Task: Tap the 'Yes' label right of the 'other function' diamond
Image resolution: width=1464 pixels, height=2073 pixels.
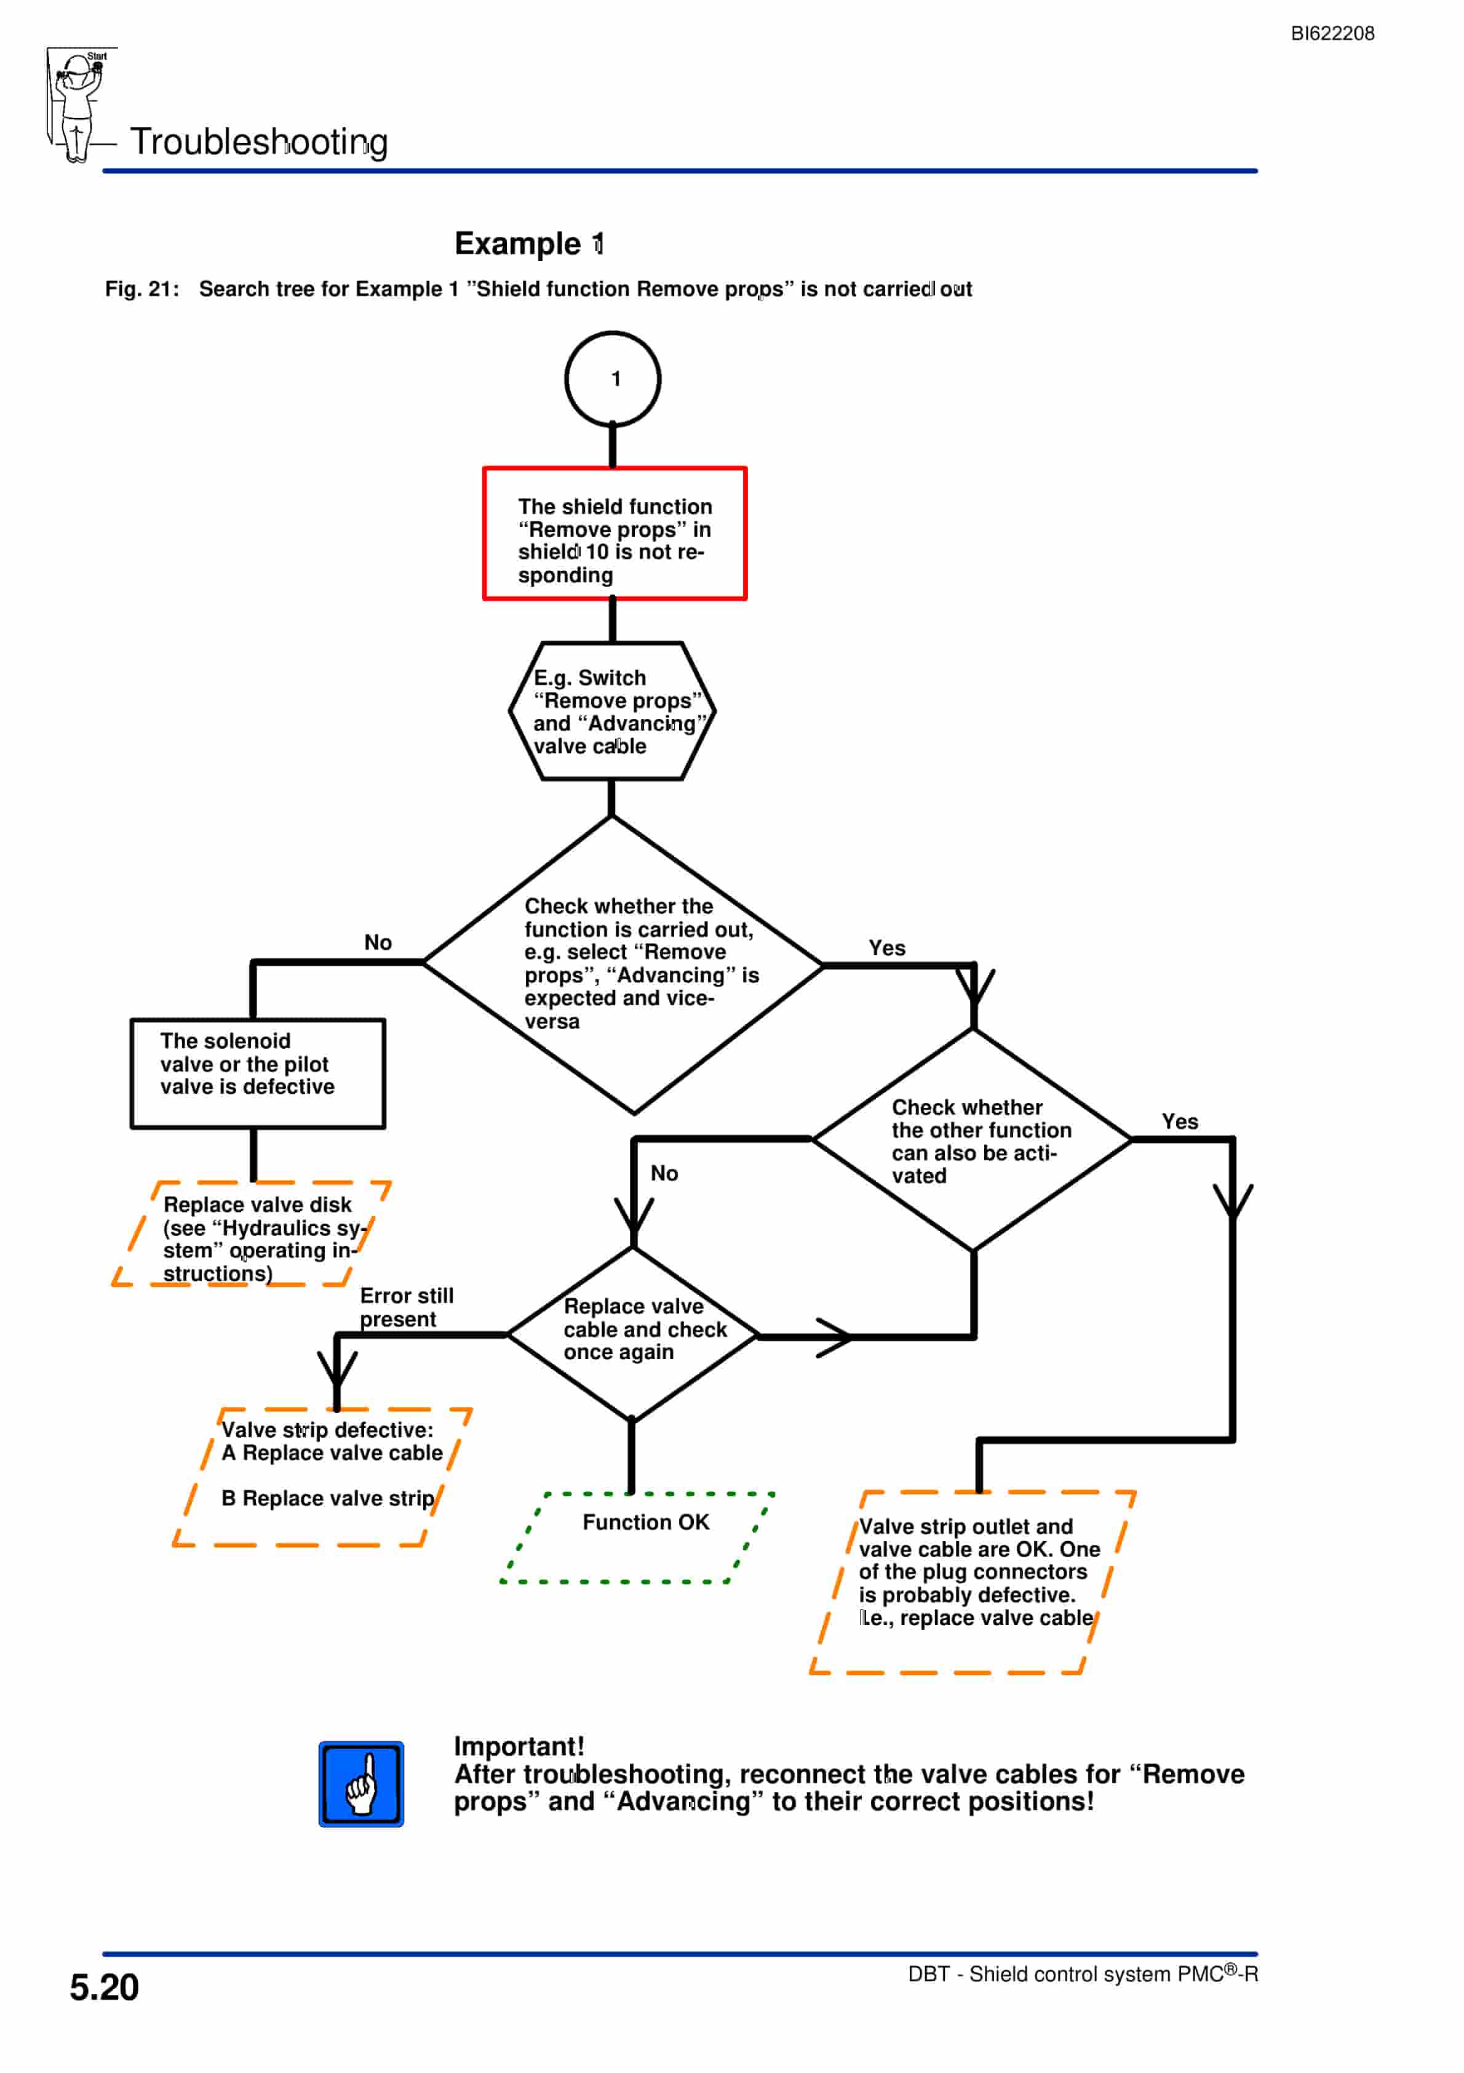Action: pyautogui.click(x=1180, y=1121)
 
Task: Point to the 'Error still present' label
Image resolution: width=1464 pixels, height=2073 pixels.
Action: pyautogui.click(x=406, y=1307)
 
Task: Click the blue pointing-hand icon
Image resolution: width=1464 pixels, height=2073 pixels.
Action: pyautogui.click(x=361, y=1784)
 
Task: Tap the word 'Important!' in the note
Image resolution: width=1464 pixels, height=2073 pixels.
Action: pyautogui.click(x=519, y=1746)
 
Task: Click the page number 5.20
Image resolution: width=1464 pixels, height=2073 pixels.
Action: pyautogui.click(x=105, y=1987)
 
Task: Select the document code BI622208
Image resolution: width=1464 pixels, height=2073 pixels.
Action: pyautogui.click(x=1332, y=33)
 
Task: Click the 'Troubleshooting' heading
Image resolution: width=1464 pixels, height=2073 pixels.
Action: pyautogui.click(x=259, y=142)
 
